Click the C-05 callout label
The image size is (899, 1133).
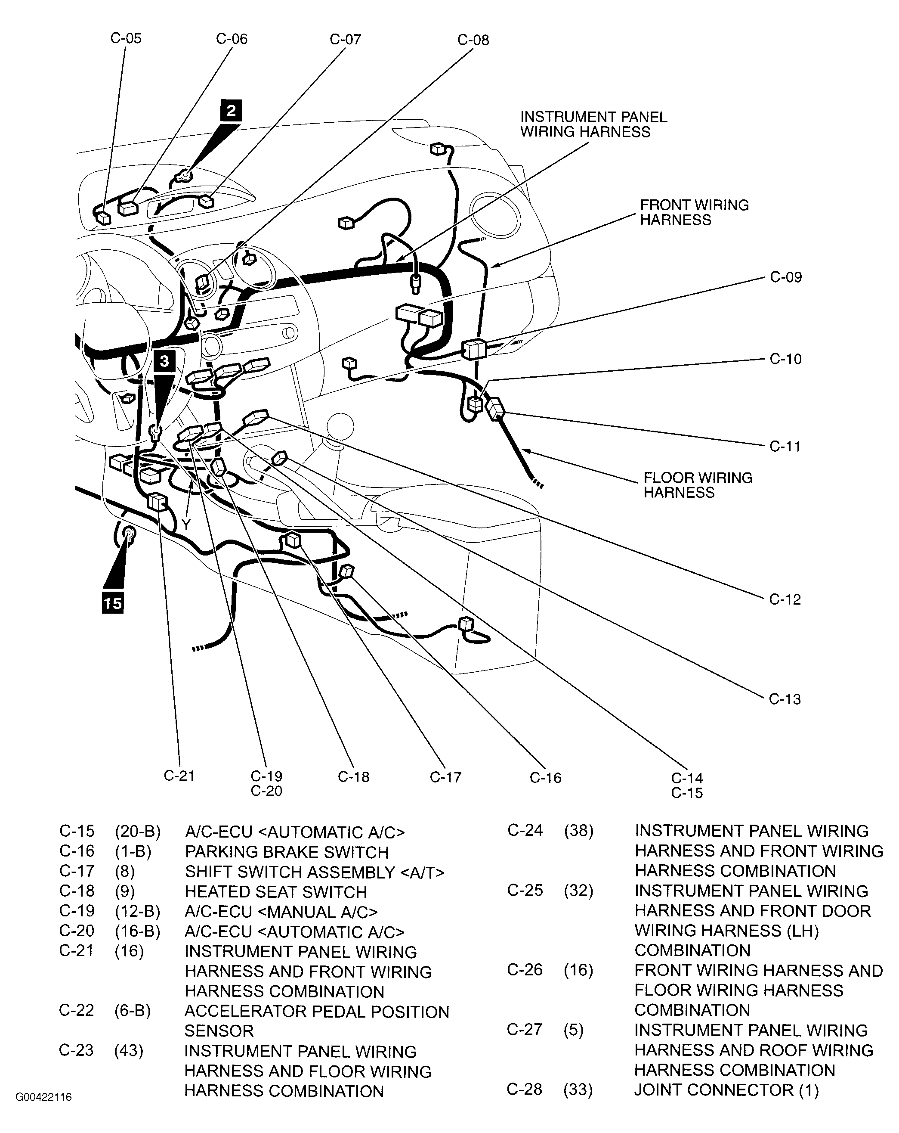[x=126, y=38]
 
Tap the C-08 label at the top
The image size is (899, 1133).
[x=473, y=40]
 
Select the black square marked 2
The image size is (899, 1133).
[x=231, y=110]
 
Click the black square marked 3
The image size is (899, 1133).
[x=164, y=361]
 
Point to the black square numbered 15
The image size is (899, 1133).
[x=112, y=603]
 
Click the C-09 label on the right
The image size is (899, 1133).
[x=785, y=277]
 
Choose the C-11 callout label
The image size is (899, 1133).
[x=785, y=446]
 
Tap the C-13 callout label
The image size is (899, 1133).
[x=785, y=699]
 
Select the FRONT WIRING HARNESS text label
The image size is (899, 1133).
[x=694, y=212]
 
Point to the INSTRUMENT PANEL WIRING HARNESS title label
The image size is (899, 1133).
[x=593, y=124]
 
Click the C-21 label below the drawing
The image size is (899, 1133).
[x=179, y=776]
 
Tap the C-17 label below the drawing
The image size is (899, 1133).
[x=445, y=777]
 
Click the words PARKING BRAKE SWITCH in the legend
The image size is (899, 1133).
[x=287, y=852]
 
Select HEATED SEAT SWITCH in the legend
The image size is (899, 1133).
[x=276, y=892]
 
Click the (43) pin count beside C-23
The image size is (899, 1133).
[x=129, y=1050]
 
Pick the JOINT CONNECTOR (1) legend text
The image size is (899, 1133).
[x=726, y=1090]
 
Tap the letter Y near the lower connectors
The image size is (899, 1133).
[x=186, y=524]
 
